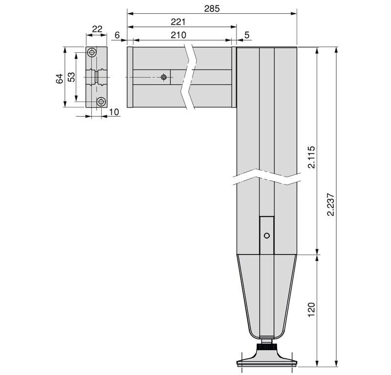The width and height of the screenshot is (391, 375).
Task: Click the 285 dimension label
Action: click(x=212, y=9)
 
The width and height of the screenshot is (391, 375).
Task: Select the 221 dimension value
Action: click(x=178, y=22)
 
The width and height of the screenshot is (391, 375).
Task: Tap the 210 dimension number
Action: click(x=178, y=35)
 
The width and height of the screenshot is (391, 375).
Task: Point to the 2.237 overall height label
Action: click(x=331, y=204)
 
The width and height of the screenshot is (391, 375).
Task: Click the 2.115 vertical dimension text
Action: click(x=311, y=158)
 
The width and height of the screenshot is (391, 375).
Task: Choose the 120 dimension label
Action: click(x=311, y=310)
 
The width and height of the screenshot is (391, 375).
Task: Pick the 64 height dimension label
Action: click(x=60, y=79)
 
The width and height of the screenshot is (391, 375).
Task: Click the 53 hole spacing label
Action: click(x=71, y=77)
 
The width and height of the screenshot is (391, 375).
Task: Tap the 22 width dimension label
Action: click(x=97, y=29)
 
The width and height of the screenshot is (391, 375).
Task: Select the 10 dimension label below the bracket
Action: click(x=114, y=112)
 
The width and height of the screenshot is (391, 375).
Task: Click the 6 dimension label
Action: click(x=117, y=35)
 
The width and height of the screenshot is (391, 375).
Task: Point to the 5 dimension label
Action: click(x=247, y=35)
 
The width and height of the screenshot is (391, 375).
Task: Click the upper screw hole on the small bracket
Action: click(x=92, y=53)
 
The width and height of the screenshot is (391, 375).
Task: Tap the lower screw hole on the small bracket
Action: click(x=101, y=102)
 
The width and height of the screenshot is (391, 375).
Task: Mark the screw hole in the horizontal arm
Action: click(x=164, y=77)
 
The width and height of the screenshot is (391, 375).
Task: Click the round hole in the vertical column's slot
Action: click(x=266, y=235)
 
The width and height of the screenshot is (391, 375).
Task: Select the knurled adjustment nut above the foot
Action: click(x=266, y=347)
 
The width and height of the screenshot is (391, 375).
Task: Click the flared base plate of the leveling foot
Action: click(x=266, y=361)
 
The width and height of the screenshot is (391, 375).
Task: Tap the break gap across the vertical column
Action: click(x=266, y=177)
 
